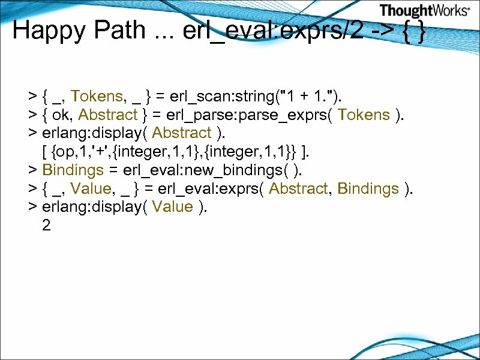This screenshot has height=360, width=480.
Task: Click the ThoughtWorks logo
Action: coord(425,10)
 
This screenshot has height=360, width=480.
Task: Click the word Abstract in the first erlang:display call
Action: coord(182,133)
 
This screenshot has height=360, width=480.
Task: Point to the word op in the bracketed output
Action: coord(66,152)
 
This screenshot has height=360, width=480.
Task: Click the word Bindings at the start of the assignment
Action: coord(73,170)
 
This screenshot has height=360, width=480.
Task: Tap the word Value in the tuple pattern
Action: coord(90,189)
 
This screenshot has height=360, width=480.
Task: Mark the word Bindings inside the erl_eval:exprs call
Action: coord(368,189)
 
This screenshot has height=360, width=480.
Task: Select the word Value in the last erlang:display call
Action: coord(172,208)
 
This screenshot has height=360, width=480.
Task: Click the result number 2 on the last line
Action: coord(47,226)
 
